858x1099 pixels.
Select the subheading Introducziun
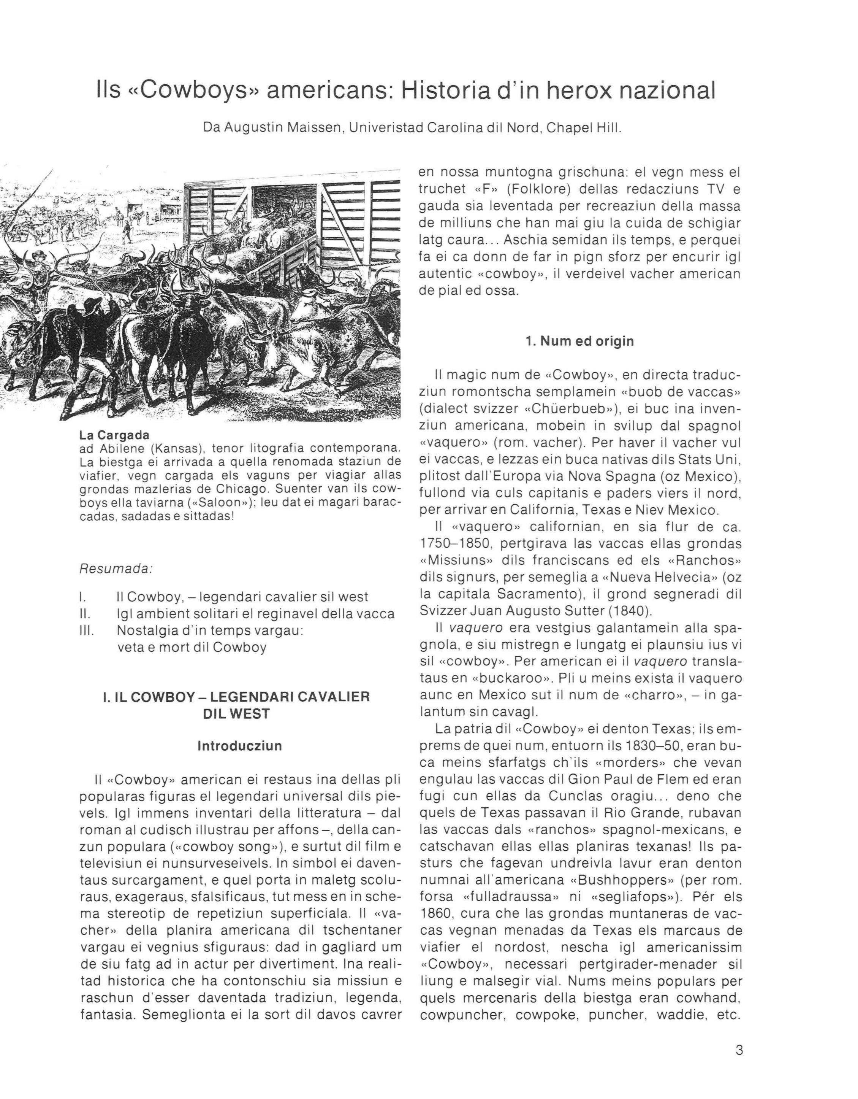click(x=239, y=746)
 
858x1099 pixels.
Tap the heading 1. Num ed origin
click(x=579, y=341)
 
